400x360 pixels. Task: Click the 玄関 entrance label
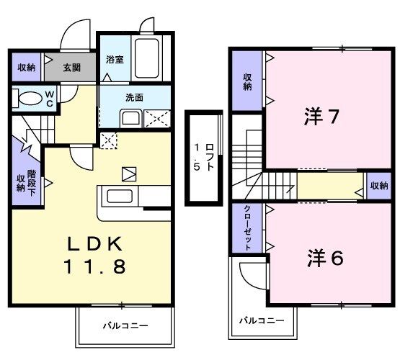click(71, 68)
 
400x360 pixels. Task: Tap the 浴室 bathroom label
click(115, 59)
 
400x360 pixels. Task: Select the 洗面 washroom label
click(134, 97)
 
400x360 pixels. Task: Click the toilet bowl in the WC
click(29, 98)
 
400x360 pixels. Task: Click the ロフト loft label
click(203, 158)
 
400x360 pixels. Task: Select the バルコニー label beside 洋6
click(262, 319)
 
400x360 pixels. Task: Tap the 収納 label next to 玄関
click(27, 68)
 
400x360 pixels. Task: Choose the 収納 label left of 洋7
click(246, 81)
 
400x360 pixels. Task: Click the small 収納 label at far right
click(379, 186)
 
